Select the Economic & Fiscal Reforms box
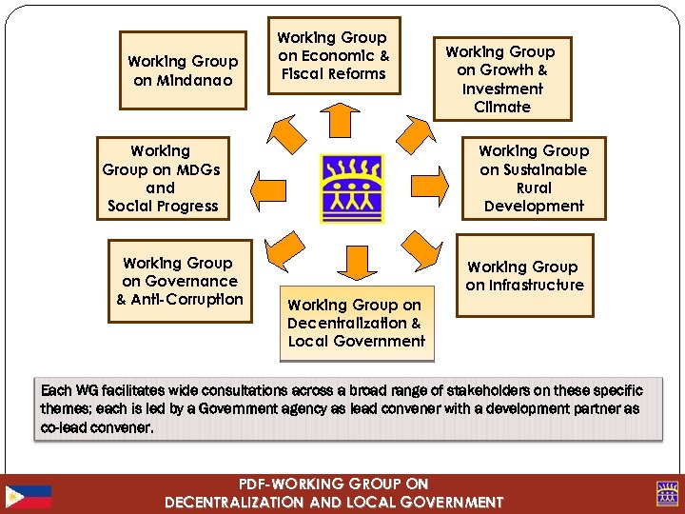click(333, 55)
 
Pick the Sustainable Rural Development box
click(534, 178)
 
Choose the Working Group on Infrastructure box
click(524, 276)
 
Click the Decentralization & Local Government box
click(357, 324)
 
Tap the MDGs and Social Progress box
click(162, 178)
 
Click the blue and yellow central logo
click(352, 188)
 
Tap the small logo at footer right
click(666, 494)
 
